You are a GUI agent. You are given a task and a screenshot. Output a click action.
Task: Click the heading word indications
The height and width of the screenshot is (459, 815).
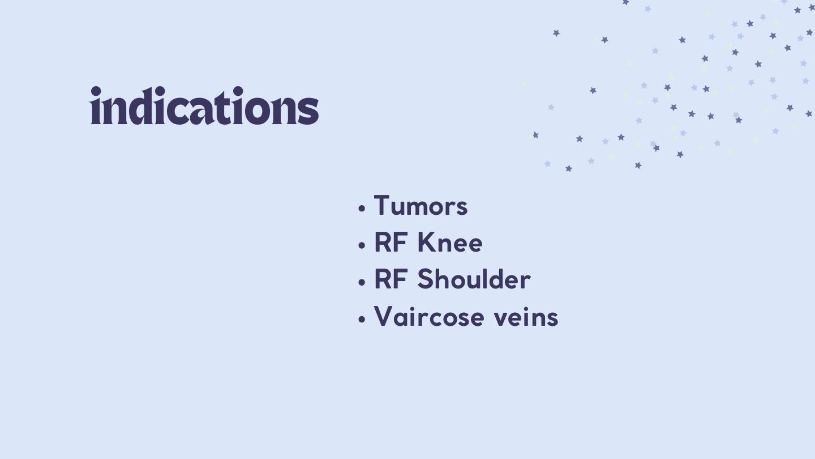point(204,105)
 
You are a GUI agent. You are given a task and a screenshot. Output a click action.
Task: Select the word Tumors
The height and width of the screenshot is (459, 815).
point(421,206)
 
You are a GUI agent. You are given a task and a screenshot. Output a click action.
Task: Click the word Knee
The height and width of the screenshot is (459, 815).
point(450,243)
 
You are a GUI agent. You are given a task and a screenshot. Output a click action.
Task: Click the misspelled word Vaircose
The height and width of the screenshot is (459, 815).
point(430,316)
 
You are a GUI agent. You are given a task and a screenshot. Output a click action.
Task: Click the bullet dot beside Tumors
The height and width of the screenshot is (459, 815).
point(361,209)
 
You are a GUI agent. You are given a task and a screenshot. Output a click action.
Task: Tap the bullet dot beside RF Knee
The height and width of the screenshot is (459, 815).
point(361,245)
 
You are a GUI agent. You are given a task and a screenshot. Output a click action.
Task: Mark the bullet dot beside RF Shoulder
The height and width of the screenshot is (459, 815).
point(361,282)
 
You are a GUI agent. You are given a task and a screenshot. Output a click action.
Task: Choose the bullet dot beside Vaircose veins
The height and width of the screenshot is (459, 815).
point(361,320)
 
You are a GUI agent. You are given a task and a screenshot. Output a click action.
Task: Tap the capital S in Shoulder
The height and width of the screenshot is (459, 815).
point(425,279)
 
